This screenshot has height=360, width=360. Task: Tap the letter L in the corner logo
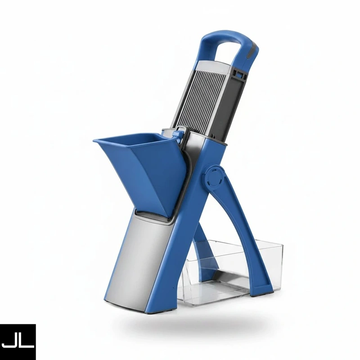27,339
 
